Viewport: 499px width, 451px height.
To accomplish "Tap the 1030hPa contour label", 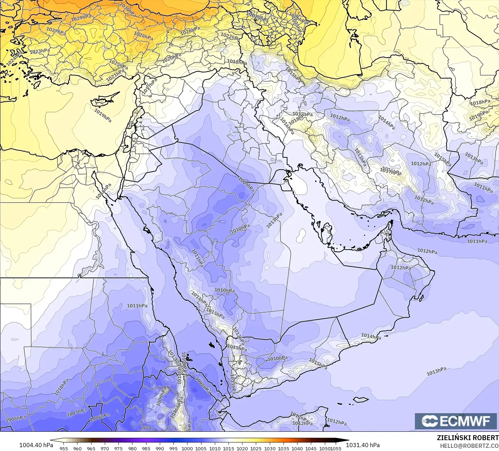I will click(x=128, y=10).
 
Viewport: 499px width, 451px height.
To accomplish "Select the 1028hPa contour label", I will click(x=143, y=36).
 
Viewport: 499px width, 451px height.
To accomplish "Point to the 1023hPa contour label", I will click(x=40, y=51).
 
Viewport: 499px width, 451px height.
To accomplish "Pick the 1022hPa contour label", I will click(x=230, y=35).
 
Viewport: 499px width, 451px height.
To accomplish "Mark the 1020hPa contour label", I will click(x=171, y=58).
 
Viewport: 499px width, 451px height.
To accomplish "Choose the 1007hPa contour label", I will click(x=77, y=413).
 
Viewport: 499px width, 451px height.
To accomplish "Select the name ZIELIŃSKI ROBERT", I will click(x=467, y=438).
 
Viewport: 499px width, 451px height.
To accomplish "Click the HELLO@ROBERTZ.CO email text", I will click(x=469, y=445).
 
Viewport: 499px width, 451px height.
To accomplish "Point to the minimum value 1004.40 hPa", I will click(x=36, y=445).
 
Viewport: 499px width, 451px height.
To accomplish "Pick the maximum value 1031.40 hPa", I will click(x=363, y=445).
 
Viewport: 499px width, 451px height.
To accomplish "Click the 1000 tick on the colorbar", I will click(x=187, y=448).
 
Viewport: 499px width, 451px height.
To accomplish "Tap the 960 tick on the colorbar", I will click(x=77, y=448).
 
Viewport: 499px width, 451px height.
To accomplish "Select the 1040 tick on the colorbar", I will click(x=297, y=448).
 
